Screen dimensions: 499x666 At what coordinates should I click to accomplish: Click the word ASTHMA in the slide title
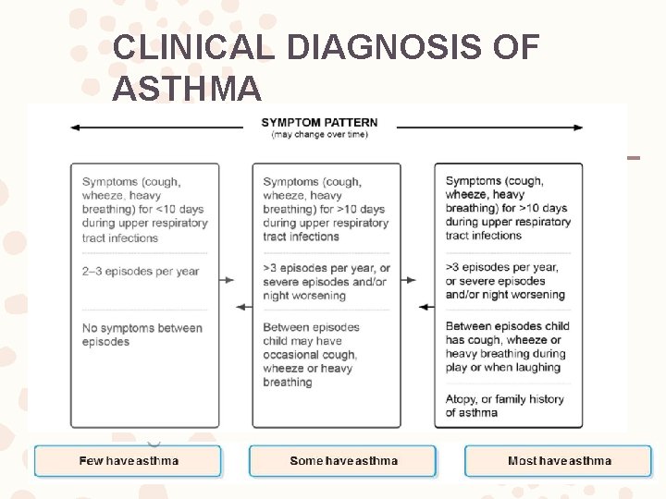point(187,90)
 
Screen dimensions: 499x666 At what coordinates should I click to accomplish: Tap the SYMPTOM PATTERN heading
point(319,123)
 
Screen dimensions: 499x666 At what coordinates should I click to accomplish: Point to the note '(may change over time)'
point(319,135)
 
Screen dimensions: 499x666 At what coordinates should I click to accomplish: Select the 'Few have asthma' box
point(129,460)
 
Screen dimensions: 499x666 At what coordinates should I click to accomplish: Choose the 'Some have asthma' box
point(343,460)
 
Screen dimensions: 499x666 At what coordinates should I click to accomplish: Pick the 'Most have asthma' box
point(559,460)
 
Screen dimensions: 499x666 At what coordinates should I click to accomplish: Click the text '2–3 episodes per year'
point(141,272)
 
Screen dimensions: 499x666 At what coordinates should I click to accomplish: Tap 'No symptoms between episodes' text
point(142,335)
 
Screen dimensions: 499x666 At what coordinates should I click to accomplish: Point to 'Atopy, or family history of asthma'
point(504,406)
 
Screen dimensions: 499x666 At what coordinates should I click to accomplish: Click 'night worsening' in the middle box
point(304,296)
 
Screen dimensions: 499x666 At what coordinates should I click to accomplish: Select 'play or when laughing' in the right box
point(502,367)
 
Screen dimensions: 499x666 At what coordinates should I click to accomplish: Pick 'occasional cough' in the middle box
point(310,355)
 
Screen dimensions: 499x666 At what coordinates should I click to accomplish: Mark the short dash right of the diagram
point(634,157)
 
